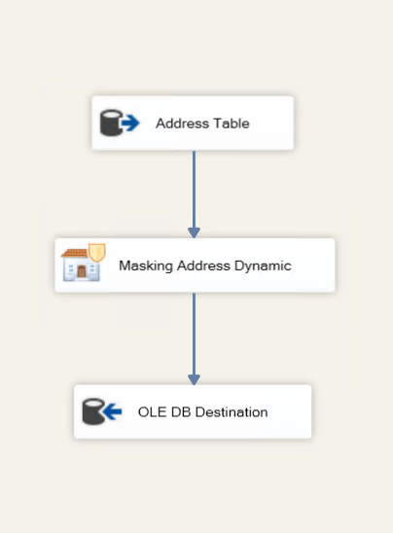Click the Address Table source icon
click(120, 123)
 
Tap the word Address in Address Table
click(183, 124)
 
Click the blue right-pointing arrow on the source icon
click(130, 123)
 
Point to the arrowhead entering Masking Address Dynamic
click(194, 232)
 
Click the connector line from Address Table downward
click(194, 190)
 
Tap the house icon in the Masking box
click(83, 263)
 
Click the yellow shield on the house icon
click(97, 252)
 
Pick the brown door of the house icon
click(82, 271)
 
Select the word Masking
click(146, 266)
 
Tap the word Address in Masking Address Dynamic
click(203, 266)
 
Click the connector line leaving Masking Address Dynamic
click(194, 334)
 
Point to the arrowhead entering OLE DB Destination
click(194, 379)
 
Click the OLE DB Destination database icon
click(102, 411)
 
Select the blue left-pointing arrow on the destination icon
click(112, 411)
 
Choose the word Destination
click(232, 412)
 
